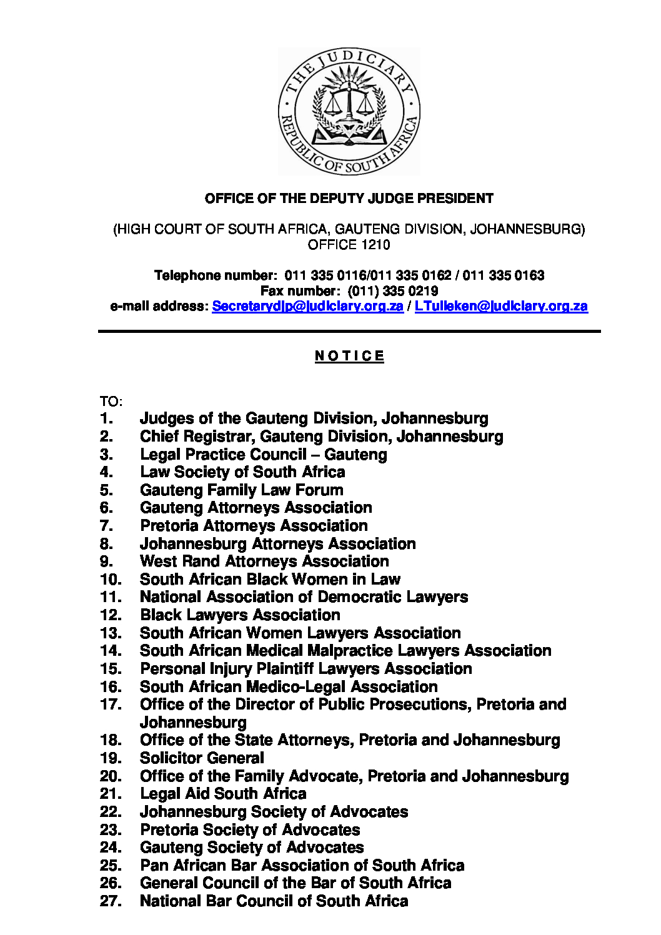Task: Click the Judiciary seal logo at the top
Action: click(x=349, y=112)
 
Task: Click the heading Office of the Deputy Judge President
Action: click(x=349, y=199)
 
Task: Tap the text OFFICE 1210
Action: click(x=349, y=245)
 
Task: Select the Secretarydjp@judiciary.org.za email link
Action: click(x=307, y=306)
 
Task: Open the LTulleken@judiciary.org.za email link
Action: click(x=501, y=306)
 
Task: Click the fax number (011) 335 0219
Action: click(x=392, y=291)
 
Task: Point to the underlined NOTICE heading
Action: click(x=349, y=356)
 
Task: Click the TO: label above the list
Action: click(x=111, y=401)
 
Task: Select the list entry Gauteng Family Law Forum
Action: click(x=241, y=490)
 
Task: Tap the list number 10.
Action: click(x=111, y=579)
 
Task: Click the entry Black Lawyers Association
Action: click(x=240, y=615)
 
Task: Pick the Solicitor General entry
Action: click(x=202, y=758)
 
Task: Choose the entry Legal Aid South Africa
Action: click(x=223, y=794)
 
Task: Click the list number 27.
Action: click(x=111, y=901)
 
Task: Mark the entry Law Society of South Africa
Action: click(x=242, y=472)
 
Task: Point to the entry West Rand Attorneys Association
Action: click(x=264, y=561)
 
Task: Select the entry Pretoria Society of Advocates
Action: click(x=250, y=830)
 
